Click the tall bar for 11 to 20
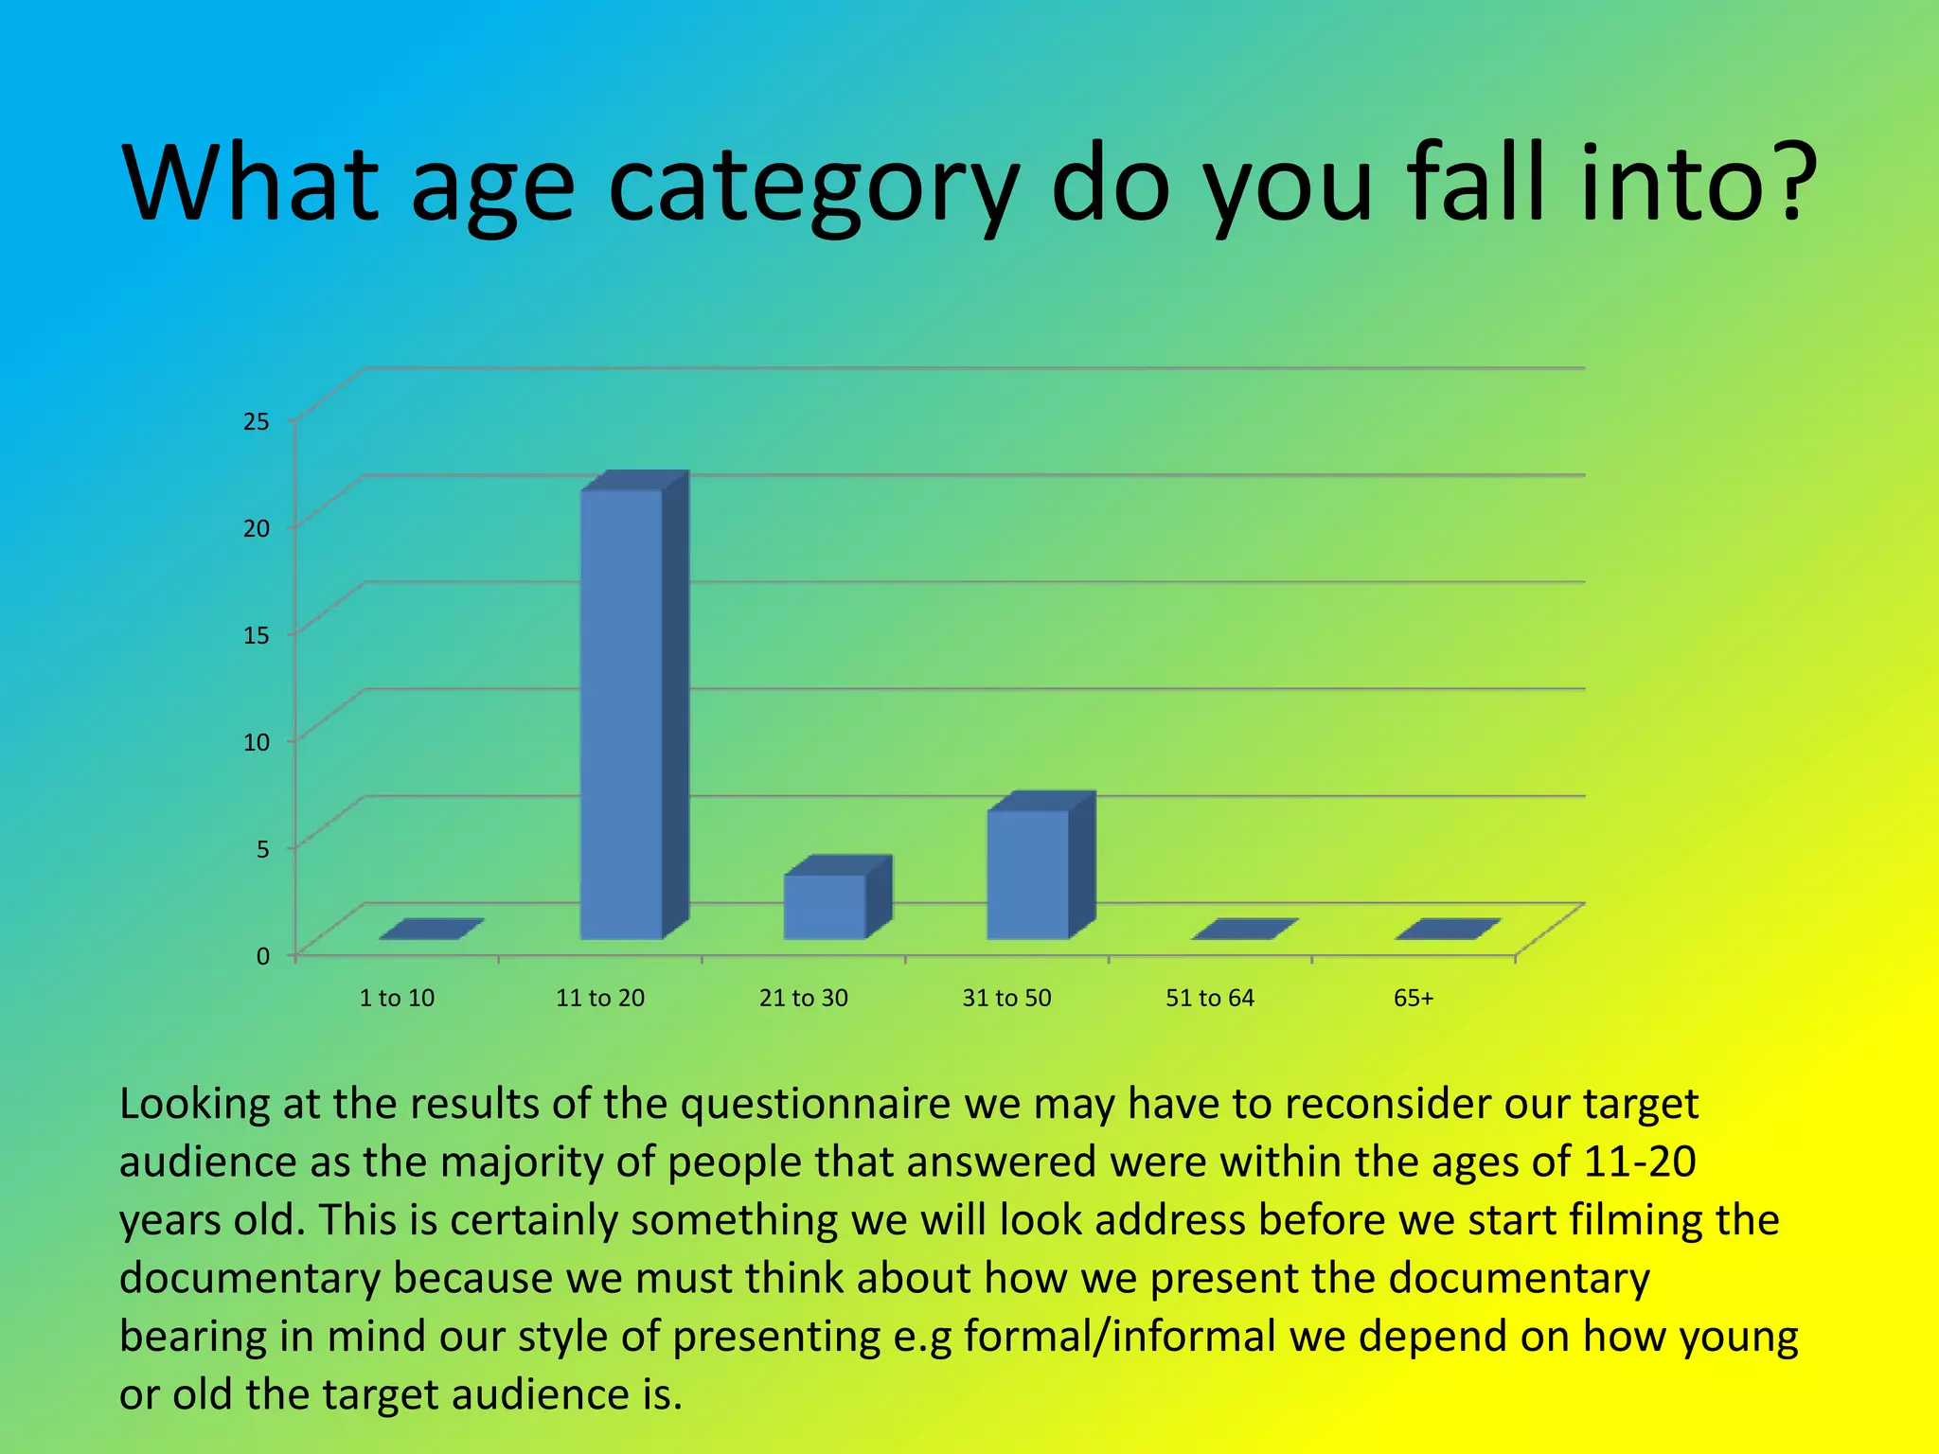coord(621,715)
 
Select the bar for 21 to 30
coord(825,906)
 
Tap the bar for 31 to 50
coord(1028,874)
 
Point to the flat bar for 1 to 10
coord(432,929)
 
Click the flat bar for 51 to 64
coord(1244,929)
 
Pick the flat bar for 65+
coord(1448,929)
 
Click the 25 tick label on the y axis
coord(257,421)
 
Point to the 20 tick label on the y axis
coord(257,528)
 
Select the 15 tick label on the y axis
coord(257,635)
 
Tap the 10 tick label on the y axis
coord(257,742)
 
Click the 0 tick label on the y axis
coord(263,956)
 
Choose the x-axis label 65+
coord(1414,998)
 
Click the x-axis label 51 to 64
coord(1210,998)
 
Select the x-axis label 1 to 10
coord(397,998)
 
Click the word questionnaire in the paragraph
coord(815,1104)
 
